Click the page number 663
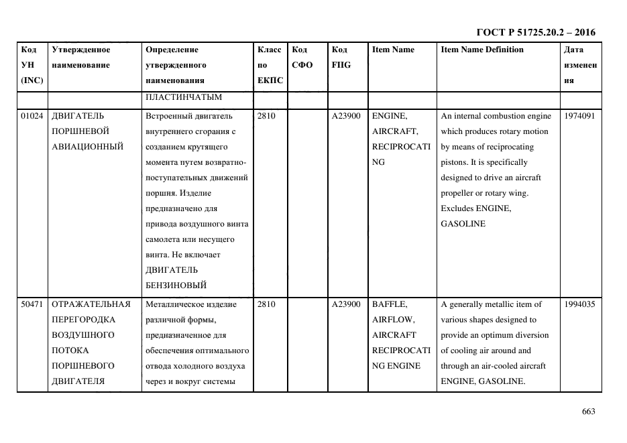[x=589, y=412]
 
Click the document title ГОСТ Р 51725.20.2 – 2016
[x=535, y=32]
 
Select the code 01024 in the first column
[x=32, y=116]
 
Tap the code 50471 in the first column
[x=32, y=304]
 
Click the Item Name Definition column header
[x=482, y=50]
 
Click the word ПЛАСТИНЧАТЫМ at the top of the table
[x=183, y=97]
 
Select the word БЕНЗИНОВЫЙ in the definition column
[x=176, y=286]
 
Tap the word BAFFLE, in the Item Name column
[x=389, y=304]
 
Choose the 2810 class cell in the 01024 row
[x=266, y=116]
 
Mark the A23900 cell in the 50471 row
[x=346, y=304]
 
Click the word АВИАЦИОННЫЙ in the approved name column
[x=87, y=147]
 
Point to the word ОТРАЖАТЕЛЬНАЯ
[x=91, y=304]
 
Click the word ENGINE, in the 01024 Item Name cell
[x=388, y=116]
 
